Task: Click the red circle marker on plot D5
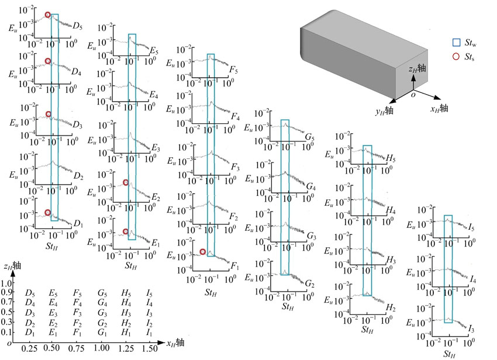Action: (x=48, y=15)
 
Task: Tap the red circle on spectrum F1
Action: (x=202, y=252)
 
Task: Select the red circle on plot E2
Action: (x=126, y=182)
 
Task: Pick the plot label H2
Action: (x=391, y=307)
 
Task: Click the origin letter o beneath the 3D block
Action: (x=412, y=94)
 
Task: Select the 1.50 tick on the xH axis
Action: (x=149, y=348)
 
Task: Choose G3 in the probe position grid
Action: (x=103, y=313)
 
